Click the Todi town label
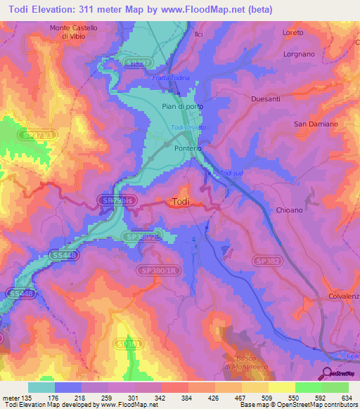coord(180,202)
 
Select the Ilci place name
coord(188,33)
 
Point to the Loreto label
coord(292,33)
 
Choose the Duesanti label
coord(266,100)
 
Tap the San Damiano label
coord(316,124)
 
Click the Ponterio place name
coord(188,149)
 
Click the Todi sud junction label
coord(231,174)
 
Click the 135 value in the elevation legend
coord(27,398)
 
